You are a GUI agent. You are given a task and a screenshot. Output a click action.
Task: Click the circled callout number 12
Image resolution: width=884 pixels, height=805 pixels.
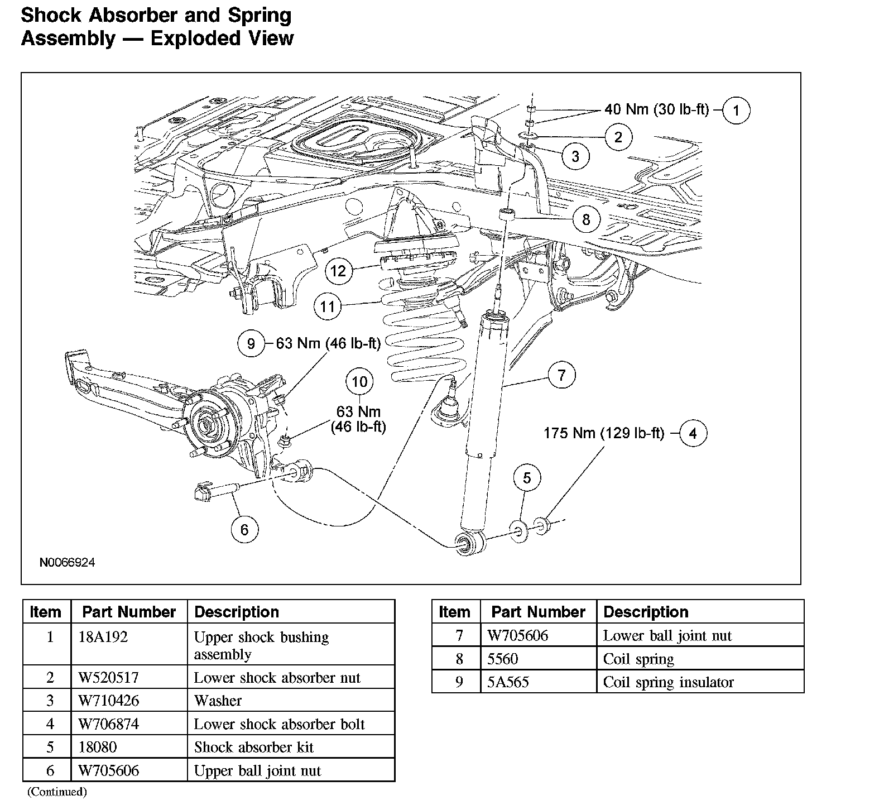(339, 271)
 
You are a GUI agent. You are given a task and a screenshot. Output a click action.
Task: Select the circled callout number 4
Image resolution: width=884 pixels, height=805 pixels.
(693, 433)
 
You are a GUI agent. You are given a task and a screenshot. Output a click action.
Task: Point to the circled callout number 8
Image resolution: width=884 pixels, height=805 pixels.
(586, 219)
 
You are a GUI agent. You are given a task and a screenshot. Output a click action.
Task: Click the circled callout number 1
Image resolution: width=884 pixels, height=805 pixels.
(736, 110)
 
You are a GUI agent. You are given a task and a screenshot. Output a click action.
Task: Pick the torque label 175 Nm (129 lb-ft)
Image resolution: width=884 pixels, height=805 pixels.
(604, 433)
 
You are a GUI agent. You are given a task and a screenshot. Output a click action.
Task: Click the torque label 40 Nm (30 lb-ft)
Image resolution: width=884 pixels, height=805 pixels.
(656, 109)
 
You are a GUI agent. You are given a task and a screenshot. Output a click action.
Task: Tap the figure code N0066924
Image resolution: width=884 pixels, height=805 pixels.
(67, 562)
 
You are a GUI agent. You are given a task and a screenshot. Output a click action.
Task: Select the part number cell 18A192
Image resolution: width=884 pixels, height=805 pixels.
(103, 637)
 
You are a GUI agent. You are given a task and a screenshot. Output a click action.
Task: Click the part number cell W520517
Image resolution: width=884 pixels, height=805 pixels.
(108, 677)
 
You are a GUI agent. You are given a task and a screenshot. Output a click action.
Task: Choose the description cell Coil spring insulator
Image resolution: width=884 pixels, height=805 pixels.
(668, 682)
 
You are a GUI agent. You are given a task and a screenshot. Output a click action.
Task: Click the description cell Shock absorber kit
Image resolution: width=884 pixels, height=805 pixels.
(253, 747)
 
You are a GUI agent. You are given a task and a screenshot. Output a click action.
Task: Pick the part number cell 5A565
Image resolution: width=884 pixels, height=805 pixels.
(508, 682)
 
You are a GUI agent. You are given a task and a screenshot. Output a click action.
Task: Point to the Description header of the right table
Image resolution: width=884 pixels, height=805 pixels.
(646, 612)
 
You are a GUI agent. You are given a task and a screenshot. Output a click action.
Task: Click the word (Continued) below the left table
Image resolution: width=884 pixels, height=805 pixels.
(57, 792)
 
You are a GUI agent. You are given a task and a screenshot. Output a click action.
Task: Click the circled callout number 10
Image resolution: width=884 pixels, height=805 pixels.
(360, 382)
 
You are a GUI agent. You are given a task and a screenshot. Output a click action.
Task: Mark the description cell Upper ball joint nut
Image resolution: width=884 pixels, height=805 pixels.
(257, 771)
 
